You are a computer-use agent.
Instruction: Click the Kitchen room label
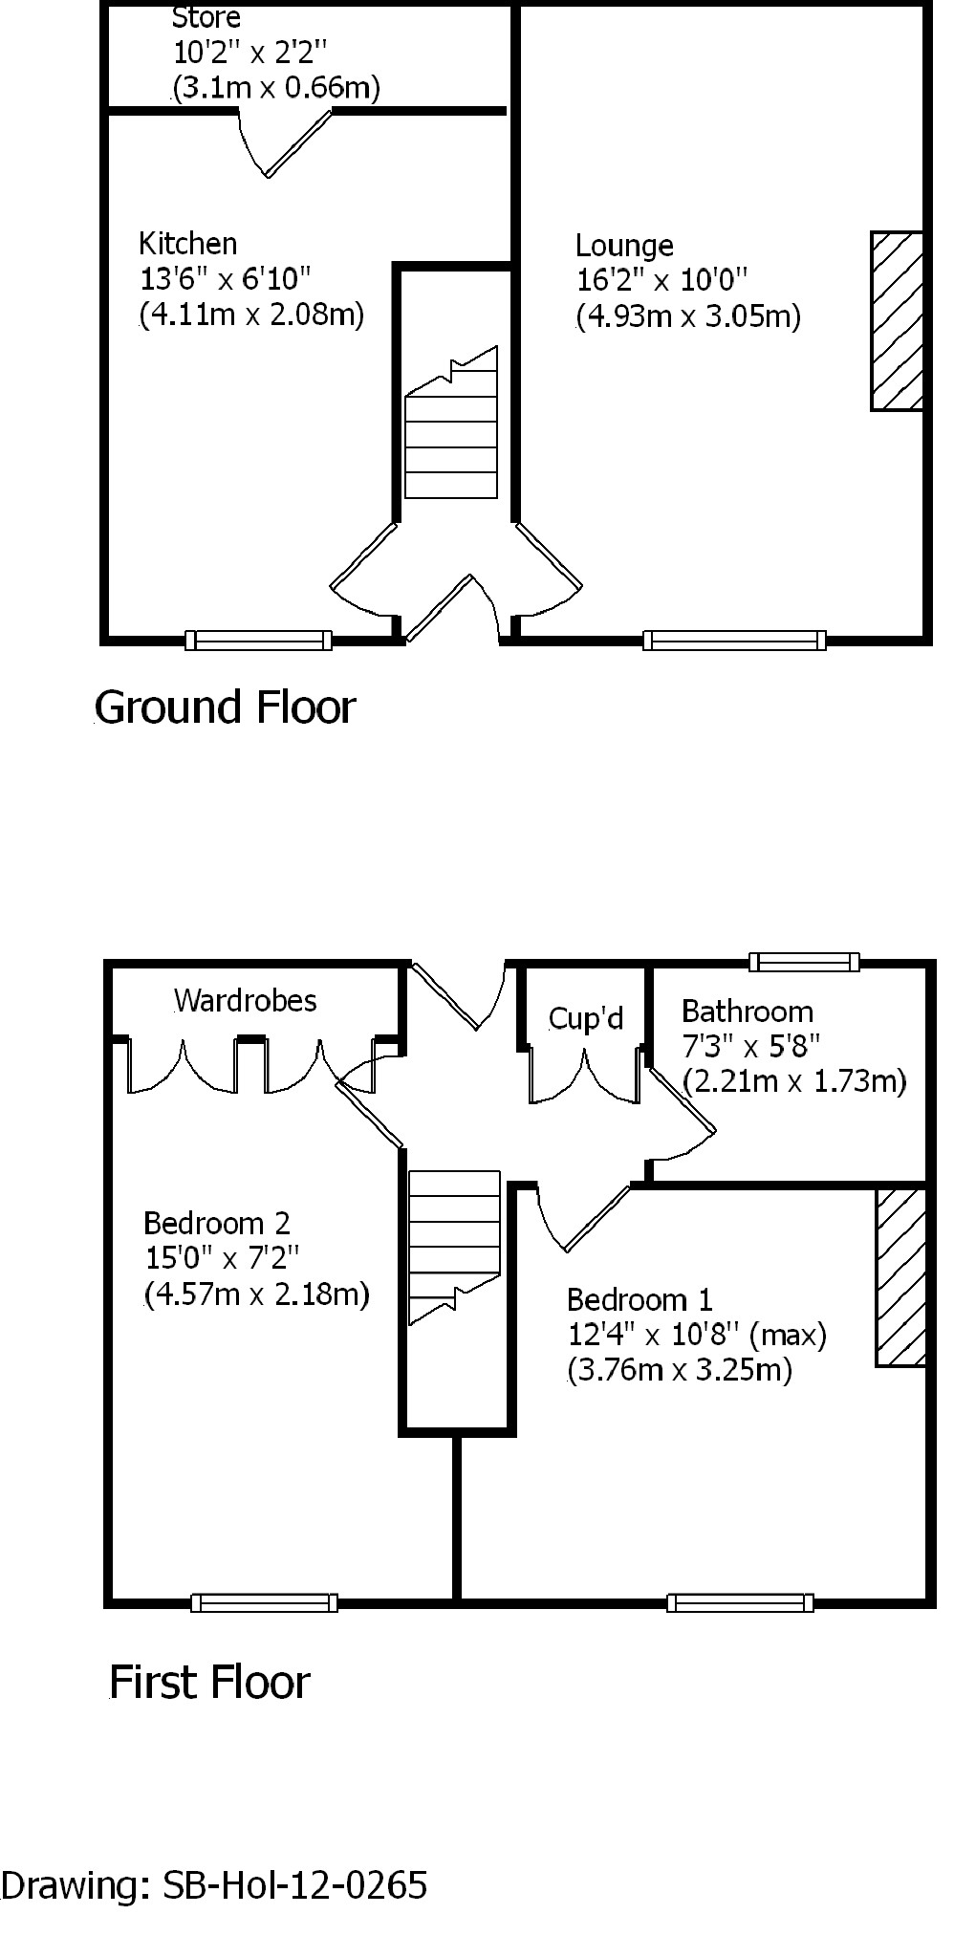[x=188, y=244]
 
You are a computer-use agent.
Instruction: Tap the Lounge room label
[x=624, y=246]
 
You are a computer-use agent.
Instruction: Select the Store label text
[x=206, y=17]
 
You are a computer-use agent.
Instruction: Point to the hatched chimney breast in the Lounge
[x=897, y=321]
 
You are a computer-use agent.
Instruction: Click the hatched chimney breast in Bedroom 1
[x=900, y=1277]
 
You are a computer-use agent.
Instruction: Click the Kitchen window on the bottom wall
[x=258, y=640]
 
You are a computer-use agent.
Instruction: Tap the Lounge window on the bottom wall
[x=734, y=640]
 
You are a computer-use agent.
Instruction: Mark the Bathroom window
[x=804, y=962]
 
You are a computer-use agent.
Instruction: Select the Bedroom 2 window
[x=264, y=1602]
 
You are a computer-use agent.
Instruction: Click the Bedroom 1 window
[x=740, y=1602]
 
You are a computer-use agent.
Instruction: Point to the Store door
[x=287, y=143]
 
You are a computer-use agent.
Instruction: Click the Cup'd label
[x=585, y=1019]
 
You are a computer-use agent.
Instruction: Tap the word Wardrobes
[x=245, y=1001]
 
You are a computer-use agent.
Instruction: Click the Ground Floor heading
[x=226, y=707]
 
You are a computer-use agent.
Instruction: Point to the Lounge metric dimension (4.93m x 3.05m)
[x=688, y=316]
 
